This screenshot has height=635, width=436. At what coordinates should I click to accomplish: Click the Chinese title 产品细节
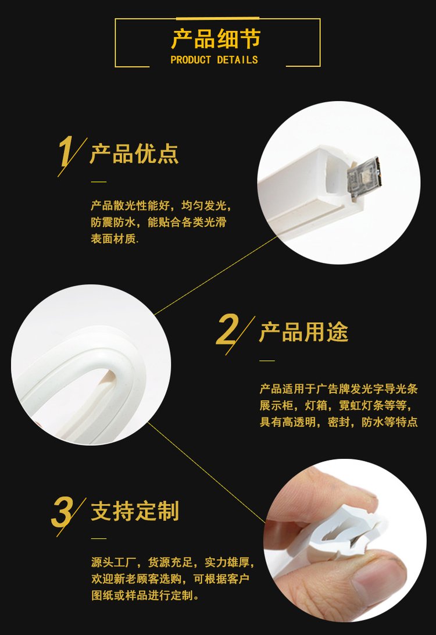pos(216,39)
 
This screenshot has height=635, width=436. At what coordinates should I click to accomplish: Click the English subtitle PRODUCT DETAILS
pos(214,60)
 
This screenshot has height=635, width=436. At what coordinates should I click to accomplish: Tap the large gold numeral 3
pos(62,511)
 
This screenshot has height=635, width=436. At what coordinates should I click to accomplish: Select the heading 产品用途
pos(303,332)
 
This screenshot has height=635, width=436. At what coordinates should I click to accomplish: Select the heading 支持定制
pos(135,511)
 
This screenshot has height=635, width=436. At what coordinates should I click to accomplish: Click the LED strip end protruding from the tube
pos(363,177)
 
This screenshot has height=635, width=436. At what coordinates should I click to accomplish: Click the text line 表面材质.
pos(115,239)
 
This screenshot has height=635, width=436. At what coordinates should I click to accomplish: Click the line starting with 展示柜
pos(335,405)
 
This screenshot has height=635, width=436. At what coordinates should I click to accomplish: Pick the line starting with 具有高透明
pos(338,422)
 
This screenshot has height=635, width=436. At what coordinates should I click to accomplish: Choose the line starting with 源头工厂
pos(173,562)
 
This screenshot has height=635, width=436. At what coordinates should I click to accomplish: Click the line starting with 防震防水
pos(159,222)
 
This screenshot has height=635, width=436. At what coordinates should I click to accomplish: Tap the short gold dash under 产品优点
pos(98,182)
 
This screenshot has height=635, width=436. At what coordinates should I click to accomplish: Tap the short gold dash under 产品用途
pos(267,361)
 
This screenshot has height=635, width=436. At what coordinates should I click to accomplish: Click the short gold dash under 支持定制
pos(98,538)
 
